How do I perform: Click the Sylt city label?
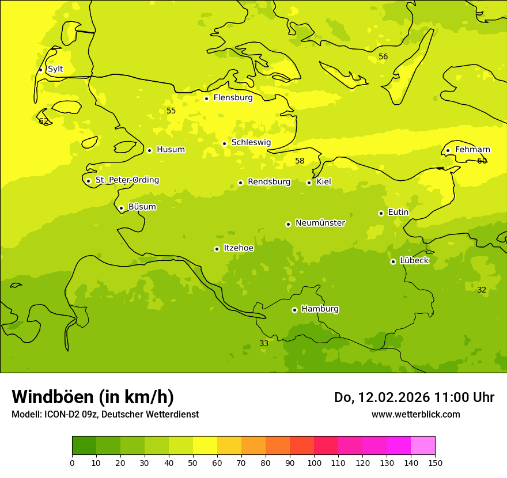55,69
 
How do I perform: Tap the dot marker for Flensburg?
206,98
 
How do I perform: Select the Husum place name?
171,150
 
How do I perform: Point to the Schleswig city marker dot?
224,143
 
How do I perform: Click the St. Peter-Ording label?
127,180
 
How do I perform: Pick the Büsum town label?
142,207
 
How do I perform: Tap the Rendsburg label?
269,182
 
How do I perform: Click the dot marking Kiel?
309,183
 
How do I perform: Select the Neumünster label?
320,223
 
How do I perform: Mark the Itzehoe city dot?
217,249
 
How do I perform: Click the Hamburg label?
320,309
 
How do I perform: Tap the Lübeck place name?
414,260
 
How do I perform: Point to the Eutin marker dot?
381,213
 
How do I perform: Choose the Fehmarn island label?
472,150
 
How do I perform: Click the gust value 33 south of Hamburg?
264,343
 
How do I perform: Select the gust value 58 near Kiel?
300,161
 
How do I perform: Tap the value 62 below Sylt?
43,121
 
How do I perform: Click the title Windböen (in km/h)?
93,397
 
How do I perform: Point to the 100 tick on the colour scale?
314,462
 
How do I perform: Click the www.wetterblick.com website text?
415,415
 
